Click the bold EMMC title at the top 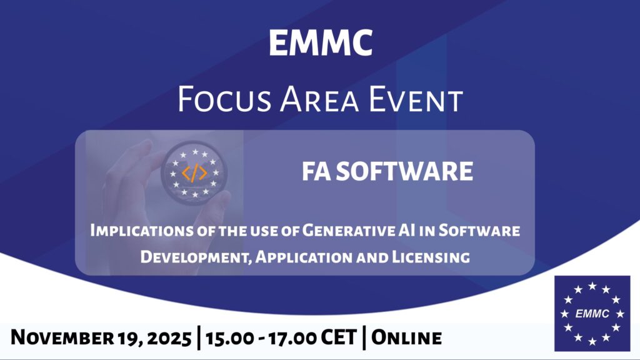coord(321,43)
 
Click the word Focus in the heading coord(224,99)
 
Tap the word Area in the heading coord(319,99)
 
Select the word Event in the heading coord(416,99)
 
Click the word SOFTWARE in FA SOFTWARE coord(405,171)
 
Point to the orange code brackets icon coord(194,173)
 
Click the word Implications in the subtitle coord(141,230)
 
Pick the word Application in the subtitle coord(304,257)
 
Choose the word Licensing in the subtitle coord(431,257)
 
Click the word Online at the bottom coord(406,338)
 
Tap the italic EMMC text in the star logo coord(592,314)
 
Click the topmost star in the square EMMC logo coord(592,286)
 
